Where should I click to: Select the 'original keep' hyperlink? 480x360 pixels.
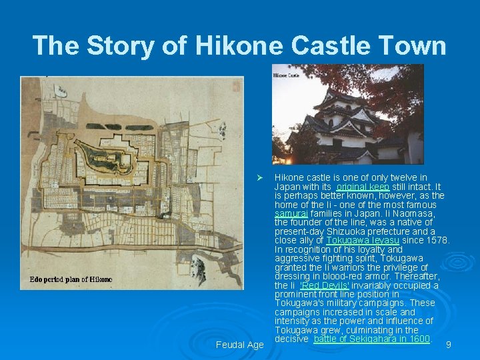pos(363,187)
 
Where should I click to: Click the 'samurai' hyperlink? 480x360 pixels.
pos(291,214)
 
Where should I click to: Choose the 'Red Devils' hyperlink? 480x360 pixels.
pos(325,285)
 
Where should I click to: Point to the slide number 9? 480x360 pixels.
pos(449,345)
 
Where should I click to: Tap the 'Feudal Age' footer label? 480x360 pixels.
pos(240,345)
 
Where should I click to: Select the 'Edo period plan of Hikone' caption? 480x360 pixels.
pos(71,279)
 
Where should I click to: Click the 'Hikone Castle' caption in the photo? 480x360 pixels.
pos(285,75)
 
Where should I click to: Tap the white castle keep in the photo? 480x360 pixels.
pos(347,127)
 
